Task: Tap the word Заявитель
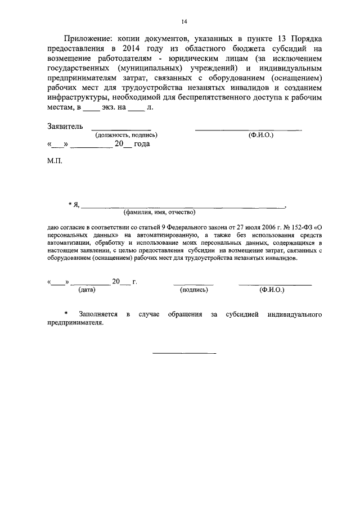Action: [x=65, y=127]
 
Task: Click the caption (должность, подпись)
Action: [x=126, y=135]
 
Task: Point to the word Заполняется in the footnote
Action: [x=98, y=314]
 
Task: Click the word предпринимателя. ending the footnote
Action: [x=76, y=324]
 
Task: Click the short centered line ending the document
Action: [x=184, y=353]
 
